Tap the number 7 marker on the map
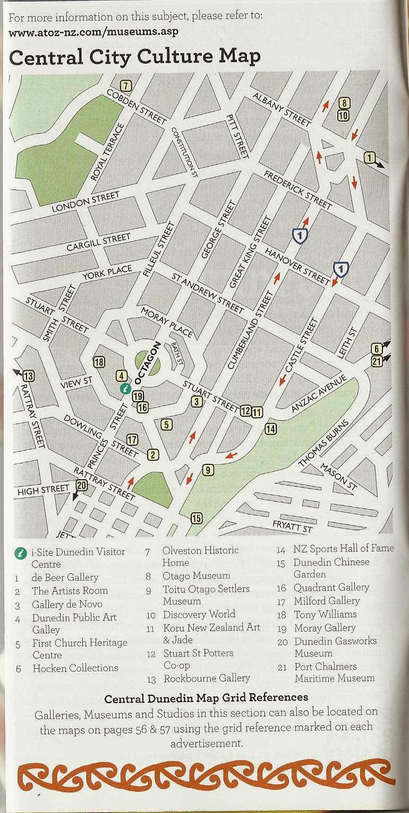tap(126, 85)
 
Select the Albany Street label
tap(281, 110)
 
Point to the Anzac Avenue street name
tap(319, 393)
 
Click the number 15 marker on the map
tap(197, 518)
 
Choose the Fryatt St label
tap(292, 527)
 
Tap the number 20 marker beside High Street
tap(81, 485)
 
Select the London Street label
tap(86, 202)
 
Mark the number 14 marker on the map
tap(271, 429)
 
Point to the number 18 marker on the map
tap(99, 362)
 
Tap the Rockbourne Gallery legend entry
tap(206, 678)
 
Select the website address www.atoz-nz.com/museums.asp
tap(93, 31)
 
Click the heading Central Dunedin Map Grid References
tap(206, 697)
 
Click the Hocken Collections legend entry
tap(75, 668)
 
